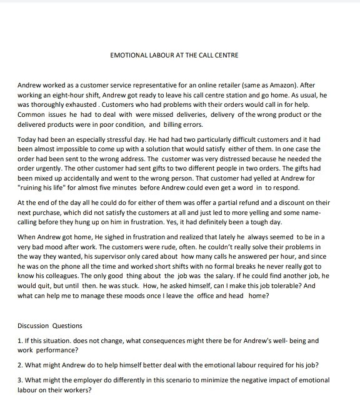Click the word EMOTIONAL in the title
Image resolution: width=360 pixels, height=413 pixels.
coord(129,55)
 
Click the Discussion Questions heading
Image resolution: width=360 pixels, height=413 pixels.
coord(50,326)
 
